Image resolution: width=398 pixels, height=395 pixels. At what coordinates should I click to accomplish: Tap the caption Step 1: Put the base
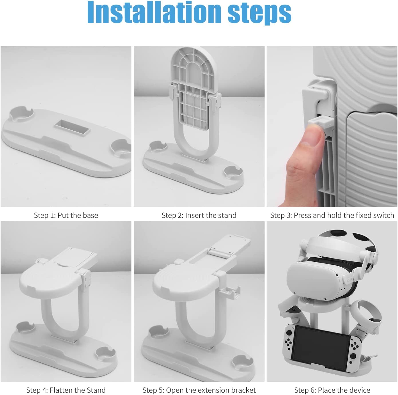(66, 215)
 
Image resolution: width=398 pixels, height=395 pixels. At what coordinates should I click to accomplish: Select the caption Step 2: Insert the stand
(199, 215)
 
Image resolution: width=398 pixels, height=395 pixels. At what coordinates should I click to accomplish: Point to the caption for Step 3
(332, 215)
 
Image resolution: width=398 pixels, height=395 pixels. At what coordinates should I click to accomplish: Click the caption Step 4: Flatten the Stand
(66, 390)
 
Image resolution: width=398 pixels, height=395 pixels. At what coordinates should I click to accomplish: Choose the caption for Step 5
(199, 390)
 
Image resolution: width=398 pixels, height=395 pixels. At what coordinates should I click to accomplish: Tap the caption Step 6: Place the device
(332, 390)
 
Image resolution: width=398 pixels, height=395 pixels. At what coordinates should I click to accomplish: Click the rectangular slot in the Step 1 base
(73, 126)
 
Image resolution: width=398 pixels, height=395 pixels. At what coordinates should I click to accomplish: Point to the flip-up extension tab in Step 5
(229, 244)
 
